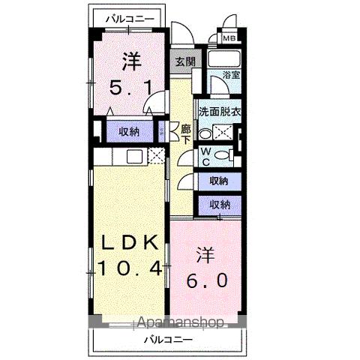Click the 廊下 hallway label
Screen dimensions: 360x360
click(184, 133)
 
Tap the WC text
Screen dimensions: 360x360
click(205, 155)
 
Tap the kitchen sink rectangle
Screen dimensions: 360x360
click(134, 157)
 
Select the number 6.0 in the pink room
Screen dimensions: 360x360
click(205, 282)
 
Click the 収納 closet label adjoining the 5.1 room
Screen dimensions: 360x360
click(128, 132)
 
